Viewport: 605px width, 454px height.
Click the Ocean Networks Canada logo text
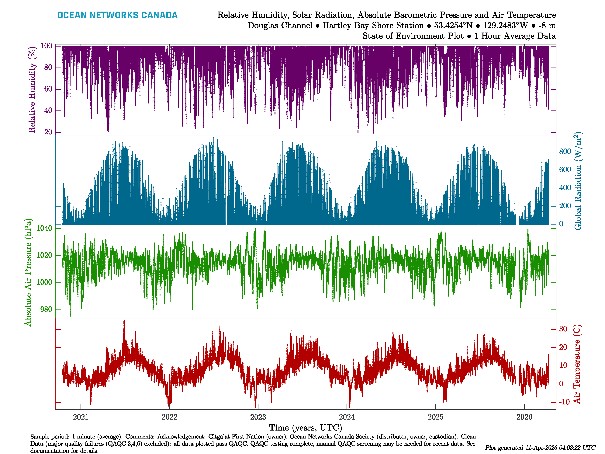(117, 15)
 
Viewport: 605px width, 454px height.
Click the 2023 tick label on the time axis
(258, 417)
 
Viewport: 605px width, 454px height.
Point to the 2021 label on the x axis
(81, 417)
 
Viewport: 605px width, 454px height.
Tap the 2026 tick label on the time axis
(524, 417)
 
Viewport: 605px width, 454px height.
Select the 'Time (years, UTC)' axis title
(306, 428)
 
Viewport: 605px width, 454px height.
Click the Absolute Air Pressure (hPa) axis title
(28, 272)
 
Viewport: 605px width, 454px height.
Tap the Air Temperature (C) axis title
(577, 364)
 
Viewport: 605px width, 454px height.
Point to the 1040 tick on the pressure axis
(44, 228)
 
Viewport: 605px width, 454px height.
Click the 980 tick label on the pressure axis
(46, 309)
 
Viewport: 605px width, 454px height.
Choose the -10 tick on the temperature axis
(564, 402)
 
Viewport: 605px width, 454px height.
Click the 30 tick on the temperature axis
(563, 329)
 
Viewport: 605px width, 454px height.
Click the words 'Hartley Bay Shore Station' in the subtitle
(373, 26)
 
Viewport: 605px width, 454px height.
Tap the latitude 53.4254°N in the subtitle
(453, 26)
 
